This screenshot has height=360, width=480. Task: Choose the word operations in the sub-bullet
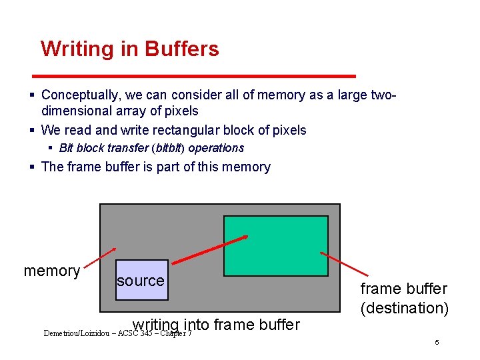click(217, 148)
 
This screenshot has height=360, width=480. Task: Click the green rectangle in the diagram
click(275, 245)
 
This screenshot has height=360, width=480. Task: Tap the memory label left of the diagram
click(52, 271)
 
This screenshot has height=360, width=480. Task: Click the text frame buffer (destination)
click(404, 298)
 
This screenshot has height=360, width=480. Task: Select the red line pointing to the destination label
click(344, 263)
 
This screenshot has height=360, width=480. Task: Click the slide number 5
click(437, 342)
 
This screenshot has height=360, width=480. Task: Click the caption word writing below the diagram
click(157, 325)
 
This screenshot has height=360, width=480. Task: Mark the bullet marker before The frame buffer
click(33, 167)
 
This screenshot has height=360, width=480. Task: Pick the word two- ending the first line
click(383, 95)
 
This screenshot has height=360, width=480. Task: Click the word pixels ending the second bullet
click(289, 130)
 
